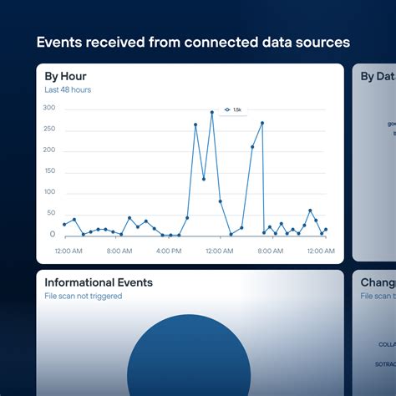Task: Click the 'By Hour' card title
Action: point(65,76)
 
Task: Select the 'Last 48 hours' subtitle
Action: point(68,89)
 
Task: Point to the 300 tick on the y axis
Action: point(49,108)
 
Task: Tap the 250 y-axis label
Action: point(49,129)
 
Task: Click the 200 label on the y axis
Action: point(49,150)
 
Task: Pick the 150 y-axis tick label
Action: point(49,170)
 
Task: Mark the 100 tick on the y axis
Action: point(49,192)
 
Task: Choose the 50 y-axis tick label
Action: point(51,214)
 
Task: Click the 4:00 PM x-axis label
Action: point(169,250)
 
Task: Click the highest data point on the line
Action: point(212,112)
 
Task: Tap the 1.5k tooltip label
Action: point(236,109)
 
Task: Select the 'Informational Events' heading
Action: point(99,282)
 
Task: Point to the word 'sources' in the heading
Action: point(321,42)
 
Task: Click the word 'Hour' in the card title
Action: point(74,76)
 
